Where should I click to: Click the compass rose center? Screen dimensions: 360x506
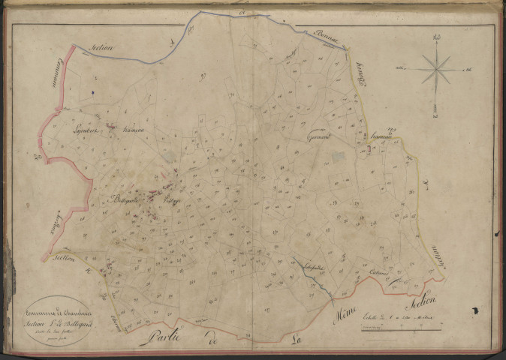point(435,70)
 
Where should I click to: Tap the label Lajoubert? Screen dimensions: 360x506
point(89,129)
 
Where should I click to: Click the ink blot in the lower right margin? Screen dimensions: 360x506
point(476,309)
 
